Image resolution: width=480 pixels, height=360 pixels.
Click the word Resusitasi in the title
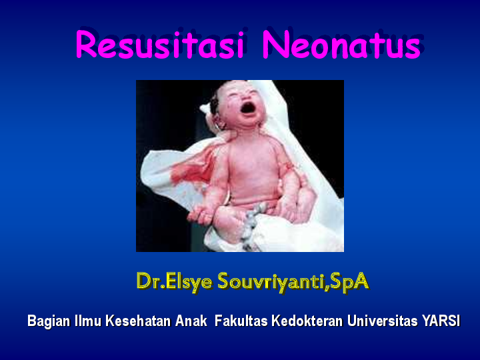(161, 45)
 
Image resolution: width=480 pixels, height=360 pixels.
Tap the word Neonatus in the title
(341, 45)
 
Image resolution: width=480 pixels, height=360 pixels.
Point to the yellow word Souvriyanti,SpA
(291, 281)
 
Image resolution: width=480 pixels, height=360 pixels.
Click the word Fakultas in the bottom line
(241, 321)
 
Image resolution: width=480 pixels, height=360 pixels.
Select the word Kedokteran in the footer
(306, 321)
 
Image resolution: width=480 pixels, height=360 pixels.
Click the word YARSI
(441, 321)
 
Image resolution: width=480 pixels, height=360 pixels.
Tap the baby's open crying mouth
(249, 107)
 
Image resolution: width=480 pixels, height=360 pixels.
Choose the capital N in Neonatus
(275, 45)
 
